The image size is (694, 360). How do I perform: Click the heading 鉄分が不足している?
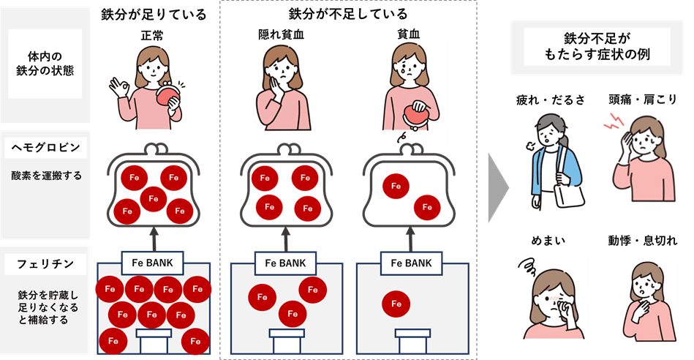tap(348, 14)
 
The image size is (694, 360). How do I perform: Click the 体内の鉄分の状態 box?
tap(45, 63)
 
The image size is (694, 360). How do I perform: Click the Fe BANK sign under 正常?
tap(153, 260)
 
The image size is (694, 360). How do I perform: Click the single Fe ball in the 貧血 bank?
tap(396, 303)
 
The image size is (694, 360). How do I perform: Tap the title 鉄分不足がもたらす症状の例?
tap(596, 47)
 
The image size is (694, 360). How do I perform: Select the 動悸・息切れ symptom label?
tap(642, 240)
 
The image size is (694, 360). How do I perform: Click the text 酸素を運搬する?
tap(45, 176)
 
